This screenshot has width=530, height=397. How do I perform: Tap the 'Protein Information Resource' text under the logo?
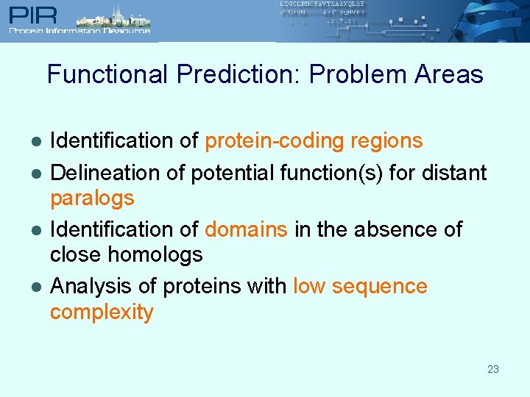79,31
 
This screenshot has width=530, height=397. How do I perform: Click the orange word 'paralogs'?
92,198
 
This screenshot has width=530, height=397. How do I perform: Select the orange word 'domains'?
246,229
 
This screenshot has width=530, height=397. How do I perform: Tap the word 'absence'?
395,229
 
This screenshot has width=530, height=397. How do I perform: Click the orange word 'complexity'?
102,312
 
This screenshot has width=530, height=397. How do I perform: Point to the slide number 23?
493,369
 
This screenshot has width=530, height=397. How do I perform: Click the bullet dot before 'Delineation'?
35,174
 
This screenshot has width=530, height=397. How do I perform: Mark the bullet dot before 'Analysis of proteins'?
35,287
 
